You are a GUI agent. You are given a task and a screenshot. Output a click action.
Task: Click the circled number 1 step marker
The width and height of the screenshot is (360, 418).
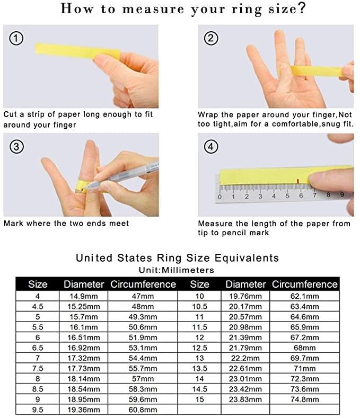(x=16, y=38)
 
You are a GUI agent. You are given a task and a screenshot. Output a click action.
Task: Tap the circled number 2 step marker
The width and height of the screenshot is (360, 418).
(x=211, y=38)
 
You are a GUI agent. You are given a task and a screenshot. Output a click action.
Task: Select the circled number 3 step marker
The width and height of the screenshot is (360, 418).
(x=16, y=147)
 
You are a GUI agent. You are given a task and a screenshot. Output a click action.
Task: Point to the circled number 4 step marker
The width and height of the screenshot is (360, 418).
(x=211, y=147)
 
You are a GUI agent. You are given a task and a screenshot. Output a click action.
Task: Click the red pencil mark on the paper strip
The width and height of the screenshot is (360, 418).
(x=298, y=182)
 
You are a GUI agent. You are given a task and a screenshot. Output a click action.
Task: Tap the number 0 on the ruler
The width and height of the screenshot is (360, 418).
(x=219, y=197)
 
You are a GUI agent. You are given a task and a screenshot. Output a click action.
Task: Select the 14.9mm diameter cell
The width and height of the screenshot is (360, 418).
(x=82, y=297)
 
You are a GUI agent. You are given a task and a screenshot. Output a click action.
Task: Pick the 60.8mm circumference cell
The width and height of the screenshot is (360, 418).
(x=143, y=410)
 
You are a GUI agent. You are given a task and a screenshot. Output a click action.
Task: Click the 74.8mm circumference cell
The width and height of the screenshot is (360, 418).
(x=305, y=399)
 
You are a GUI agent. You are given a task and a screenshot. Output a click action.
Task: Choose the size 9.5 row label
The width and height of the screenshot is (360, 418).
(x=38, y=410)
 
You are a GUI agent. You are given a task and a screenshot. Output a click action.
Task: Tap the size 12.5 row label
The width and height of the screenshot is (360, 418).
(x=199, y=348)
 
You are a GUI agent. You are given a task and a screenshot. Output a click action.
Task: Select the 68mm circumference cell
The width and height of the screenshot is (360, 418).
(x=305, y=348)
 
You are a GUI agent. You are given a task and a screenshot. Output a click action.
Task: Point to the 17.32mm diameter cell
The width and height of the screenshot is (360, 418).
(x=82, y=358)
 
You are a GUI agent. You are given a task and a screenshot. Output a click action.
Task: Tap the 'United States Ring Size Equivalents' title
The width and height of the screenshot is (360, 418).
(x=177, y=258)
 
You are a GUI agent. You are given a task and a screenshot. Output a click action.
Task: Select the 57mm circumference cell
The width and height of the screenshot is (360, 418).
(x=143, y=379)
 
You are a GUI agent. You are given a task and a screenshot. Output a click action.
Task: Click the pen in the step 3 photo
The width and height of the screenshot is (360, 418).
(x=133, y=172)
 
